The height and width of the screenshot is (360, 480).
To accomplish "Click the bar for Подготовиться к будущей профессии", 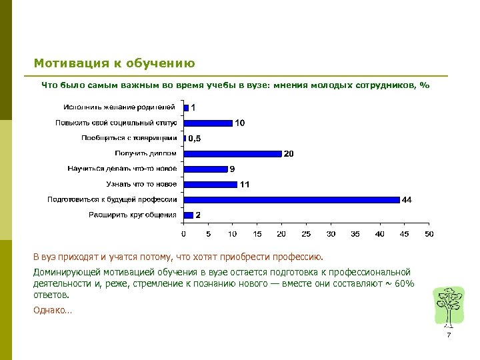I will click(291, 199).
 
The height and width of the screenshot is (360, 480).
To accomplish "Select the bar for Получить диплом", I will click(233, 153).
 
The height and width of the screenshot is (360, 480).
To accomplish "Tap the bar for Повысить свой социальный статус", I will click(208, 123).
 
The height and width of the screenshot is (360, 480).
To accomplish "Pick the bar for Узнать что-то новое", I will click(210, 184).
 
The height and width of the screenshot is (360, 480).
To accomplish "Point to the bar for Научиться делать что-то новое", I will click(205, 169).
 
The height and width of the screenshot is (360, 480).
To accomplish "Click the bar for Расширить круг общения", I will click(188, 215).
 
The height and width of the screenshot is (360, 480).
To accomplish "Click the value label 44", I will click(406, 199).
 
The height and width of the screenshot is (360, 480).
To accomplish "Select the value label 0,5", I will click(194, 139).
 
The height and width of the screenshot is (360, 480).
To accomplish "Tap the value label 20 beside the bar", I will click(289, 154).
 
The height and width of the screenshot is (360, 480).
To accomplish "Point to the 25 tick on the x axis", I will click(306, 234).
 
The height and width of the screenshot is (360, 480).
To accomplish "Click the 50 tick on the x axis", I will click(429, 234).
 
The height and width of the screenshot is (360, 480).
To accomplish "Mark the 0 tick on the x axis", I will click(183, 234).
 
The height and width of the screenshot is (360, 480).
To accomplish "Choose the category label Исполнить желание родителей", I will click(120, 107).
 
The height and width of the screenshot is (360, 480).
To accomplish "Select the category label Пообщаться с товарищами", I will click(129, 138).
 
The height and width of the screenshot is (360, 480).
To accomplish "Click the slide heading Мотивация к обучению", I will click(114, 64).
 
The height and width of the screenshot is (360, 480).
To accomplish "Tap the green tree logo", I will click(447, 307).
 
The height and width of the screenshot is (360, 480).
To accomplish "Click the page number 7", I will click(449, 335).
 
